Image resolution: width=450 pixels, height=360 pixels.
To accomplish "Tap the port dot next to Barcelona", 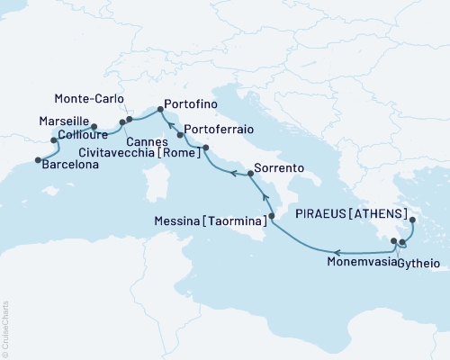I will [38, 160].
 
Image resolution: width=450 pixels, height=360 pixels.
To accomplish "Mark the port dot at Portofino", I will [160, 110].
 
